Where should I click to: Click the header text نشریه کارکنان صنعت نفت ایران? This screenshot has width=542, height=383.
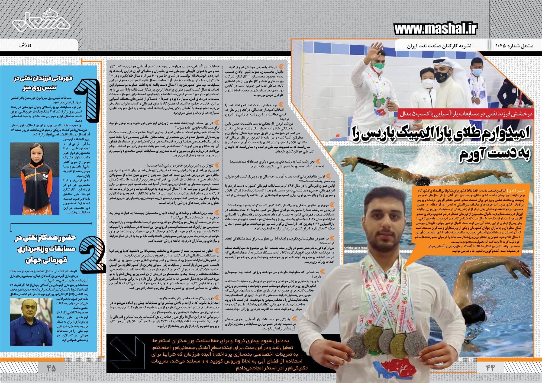click(439, 46)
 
